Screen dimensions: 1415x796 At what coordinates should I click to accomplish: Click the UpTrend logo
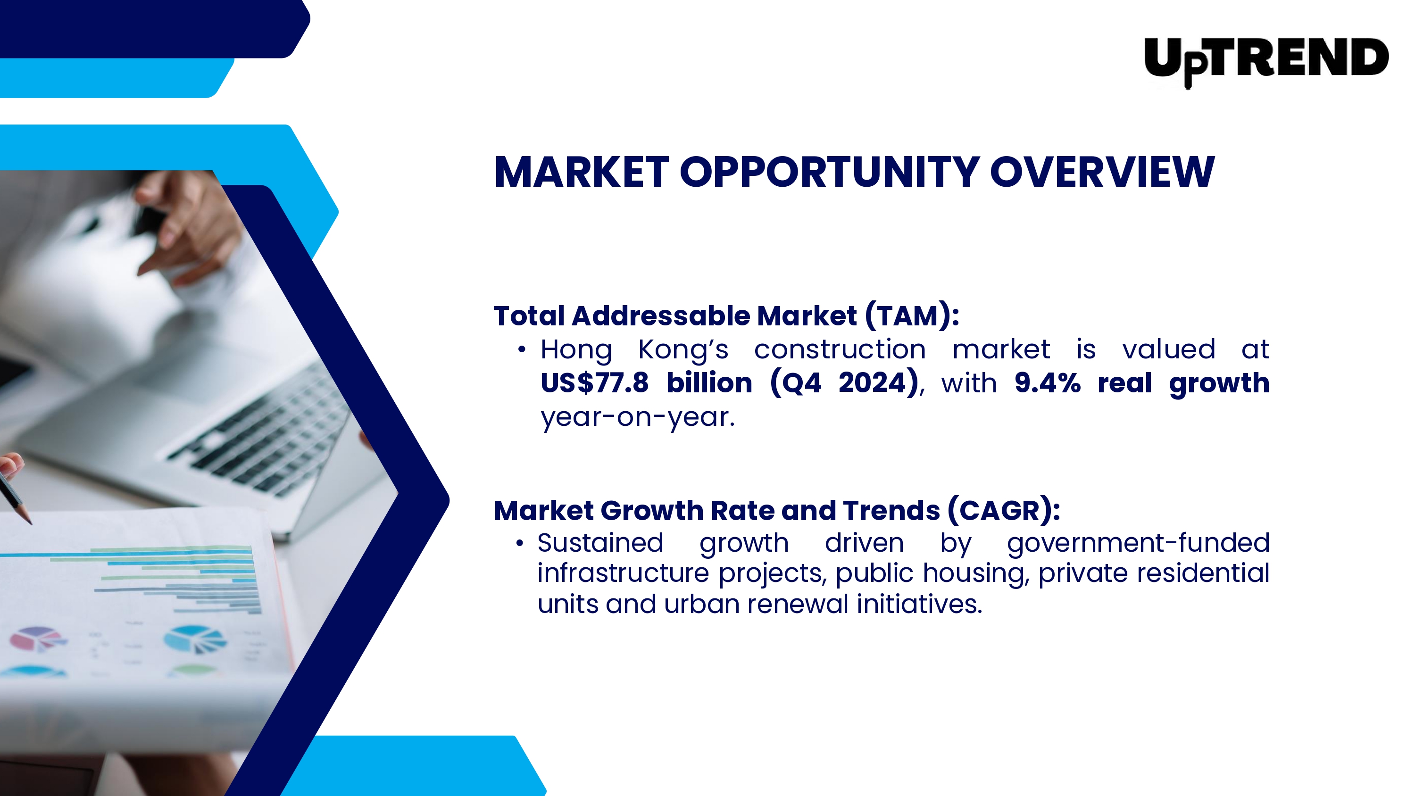1265,60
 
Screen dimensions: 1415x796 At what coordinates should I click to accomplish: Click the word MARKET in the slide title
581,172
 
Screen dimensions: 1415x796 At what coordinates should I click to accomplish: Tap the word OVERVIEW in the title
1102,172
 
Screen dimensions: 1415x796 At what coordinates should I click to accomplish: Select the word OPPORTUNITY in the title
830,172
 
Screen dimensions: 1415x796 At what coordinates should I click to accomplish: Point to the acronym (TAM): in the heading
912,315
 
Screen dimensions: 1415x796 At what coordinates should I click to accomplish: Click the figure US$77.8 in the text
594,383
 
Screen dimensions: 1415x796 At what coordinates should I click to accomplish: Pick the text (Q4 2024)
844,383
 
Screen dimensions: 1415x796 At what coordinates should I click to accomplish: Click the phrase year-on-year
637,417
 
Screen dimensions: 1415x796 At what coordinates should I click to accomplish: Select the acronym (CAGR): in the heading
1004,510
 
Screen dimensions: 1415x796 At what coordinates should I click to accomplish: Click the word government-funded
1138,543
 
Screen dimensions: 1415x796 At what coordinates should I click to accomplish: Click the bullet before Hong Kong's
522,349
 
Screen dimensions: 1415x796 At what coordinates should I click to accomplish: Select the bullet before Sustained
520,543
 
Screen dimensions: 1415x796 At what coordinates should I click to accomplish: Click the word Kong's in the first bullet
683,350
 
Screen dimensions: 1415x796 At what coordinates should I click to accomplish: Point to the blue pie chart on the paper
195,639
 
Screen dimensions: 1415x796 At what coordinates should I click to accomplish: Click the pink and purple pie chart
37,638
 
